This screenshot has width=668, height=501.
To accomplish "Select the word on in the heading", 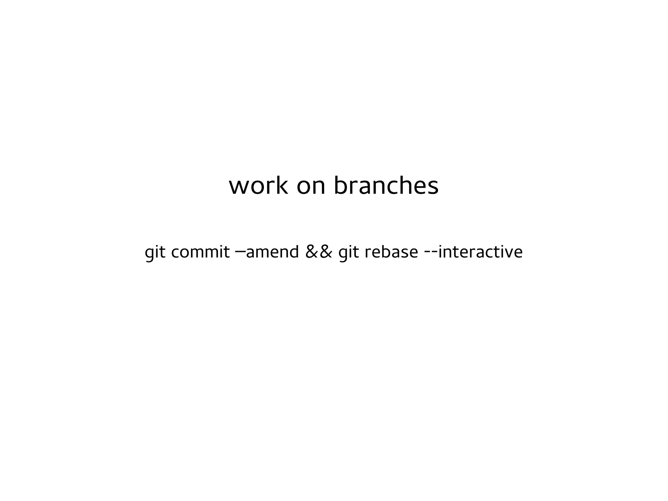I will (x=311, y=187).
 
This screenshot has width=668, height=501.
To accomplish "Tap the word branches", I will (x=386, y=186).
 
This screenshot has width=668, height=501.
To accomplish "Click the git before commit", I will (x=155, y=252).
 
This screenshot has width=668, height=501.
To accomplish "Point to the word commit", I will (x=200, y=252).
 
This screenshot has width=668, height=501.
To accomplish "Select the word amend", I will (x=272, y=252).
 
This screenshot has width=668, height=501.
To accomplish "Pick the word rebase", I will (x=391, y=252).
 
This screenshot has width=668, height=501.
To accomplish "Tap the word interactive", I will (x=480, y=252).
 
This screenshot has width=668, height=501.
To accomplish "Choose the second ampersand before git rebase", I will (x=326, y=252).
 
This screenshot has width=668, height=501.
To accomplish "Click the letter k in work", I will (x=281, y=185).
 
